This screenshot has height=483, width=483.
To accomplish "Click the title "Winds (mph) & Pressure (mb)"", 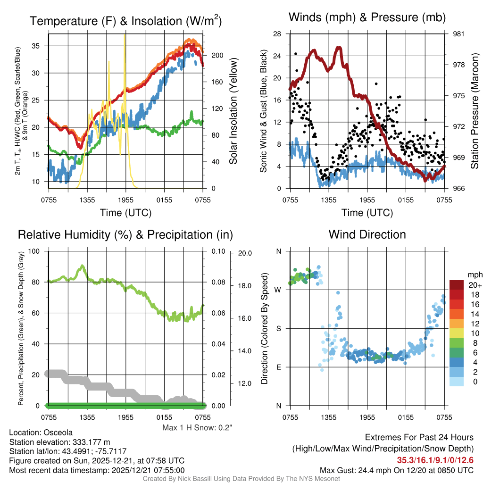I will [x=367, y=18].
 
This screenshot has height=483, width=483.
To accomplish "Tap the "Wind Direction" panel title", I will [x=367, y=234].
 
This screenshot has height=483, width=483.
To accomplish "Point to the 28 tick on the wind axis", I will [x=277, y=34].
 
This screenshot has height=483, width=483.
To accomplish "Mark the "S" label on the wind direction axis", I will [x=278, y=328].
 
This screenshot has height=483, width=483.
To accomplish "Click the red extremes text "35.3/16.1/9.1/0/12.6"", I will [x=435, y=460].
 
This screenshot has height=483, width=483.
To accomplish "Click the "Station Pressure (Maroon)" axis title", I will [x=475, y=111].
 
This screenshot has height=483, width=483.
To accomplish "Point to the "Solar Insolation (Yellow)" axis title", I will [x=233, y=111].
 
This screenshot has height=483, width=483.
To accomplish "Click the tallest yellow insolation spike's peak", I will [x=125, y=34].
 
